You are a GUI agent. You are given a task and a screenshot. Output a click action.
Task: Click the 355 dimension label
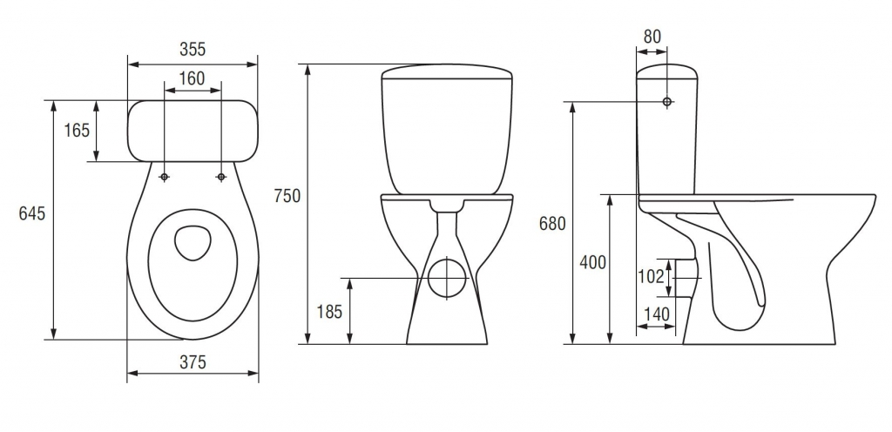coord(193,50)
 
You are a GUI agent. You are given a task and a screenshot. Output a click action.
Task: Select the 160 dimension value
coord(193,78)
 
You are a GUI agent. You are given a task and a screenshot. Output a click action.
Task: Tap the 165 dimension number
coord(77,131)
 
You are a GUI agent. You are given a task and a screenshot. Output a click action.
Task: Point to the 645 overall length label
coord(32,213)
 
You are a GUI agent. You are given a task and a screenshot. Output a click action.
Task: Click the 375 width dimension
coord(193,362)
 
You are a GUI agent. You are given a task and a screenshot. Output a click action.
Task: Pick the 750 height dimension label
coord(287,196)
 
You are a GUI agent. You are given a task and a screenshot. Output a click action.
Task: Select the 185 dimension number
coord(329,312)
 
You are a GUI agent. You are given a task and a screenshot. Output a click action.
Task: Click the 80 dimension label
coord(652,37)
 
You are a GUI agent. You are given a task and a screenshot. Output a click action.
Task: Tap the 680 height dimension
coord(552,224)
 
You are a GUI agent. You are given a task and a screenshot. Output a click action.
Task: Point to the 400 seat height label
coord(592,263)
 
